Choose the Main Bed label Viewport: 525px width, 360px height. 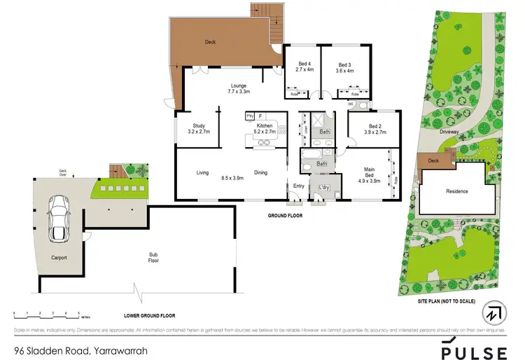click(x=369, y=174)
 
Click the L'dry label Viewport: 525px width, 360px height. click(x=324, y=187)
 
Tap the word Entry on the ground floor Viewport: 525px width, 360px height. click(x=299, y=186)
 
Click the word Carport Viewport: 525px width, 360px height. click(x=58, y=257)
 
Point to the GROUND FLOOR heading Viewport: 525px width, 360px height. click(x=286, y=216)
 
